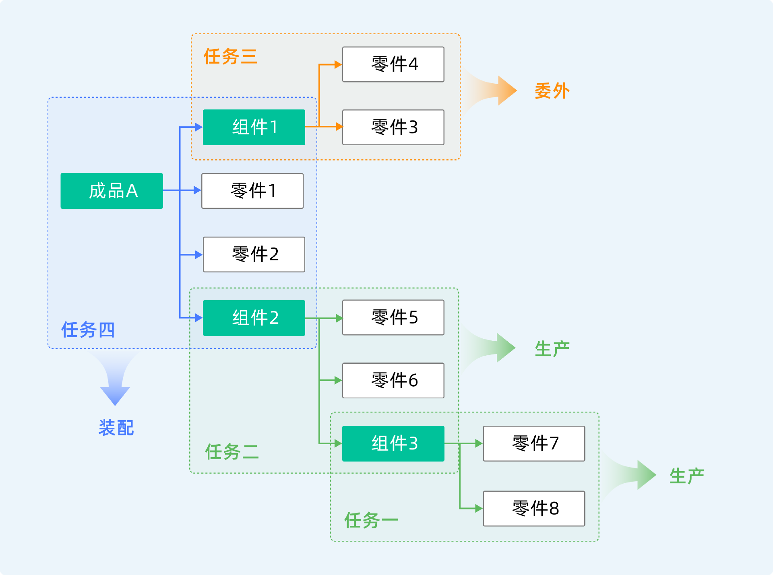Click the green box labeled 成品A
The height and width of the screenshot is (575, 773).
coord(112,191)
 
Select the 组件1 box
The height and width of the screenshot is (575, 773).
coord(254,127)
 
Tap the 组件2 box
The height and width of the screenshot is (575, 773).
coord(254,318)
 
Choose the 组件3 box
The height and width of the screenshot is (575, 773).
coord(393,443)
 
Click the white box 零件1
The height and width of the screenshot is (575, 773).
coord(252,191)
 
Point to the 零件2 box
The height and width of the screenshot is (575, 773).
coord(254,254)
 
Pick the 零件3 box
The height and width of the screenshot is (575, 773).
coord(393,127)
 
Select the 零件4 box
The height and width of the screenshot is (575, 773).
coord(393,64)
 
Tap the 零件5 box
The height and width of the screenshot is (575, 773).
coord(393,317)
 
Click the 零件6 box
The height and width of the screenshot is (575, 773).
coord(393,381)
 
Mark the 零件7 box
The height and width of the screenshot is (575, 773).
coord(534,443)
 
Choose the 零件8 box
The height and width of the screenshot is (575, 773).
coord(534,509)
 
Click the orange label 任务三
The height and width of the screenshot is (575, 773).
coord(230,56)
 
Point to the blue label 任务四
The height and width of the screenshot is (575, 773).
coord(88,330)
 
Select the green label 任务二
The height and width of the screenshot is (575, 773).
coord(231,451)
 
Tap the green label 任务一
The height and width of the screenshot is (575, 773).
coord(371,520)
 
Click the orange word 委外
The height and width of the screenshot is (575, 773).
coord(552,91)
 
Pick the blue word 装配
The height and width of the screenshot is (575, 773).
coord(116,427)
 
